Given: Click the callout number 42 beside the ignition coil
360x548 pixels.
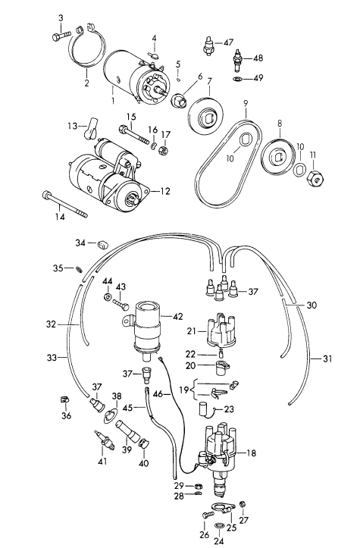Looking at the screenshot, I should coord(178,317).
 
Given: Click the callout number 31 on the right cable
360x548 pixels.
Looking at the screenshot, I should coord(327,359).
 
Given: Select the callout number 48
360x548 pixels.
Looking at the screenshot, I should coord(258,58).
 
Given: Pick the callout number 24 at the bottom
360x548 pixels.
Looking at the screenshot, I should coord(218,541).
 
